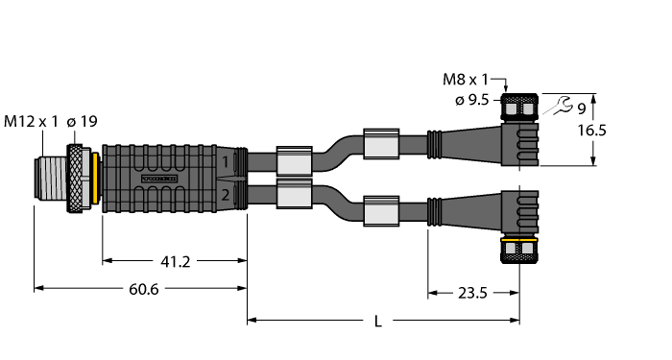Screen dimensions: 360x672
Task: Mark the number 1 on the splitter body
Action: (x=225, y=163)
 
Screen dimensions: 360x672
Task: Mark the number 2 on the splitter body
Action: (x=225, y=195)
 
